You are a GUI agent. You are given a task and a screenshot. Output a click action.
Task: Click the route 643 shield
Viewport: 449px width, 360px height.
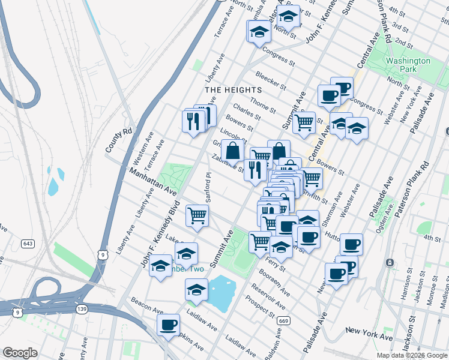pos(27,244)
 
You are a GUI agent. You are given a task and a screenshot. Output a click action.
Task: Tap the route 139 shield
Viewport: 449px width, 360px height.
pos(83,308)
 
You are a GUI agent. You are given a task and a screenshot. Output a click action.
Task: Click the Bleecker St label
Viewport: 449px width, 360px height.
pos(268,79)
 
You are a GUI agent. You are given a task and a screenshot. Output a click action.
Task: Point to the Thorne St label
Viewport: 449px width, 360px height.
pos(262,106)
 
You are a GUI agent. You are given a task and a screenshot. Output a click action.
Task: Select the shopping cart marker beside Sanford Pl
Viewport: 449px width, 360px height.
pos(197,215)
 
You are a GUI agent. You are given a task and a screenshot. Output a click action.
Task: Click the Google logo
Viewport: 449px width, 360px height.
pos(20,352)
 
